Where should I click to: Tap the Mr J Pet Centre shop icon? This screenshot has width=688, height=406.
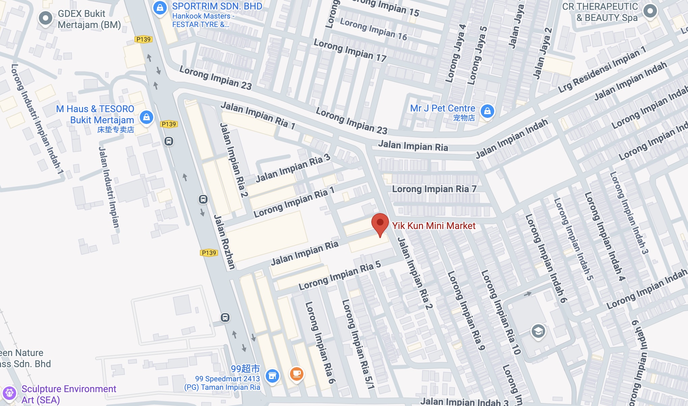coord(487,111)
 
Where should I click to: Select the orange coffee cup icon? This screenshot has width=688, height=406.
coord(296,374)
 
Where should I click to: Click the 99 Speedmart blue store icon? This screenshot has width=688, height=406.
coord(272,376)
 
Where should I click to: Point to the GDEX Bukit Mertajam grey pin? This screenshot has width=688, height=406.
coord(45,18)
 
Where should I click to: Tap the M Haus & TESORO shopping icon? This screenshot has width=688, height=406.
coord(146,117)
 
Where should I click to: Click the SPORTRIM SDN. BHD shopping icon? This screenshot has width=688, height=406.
coord(160,8)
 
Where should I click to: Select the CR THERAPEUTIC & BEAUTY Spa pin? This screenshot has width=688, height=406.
coord(650,11)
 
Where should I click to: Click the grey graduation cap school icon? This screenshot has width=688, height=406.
coord(538,331)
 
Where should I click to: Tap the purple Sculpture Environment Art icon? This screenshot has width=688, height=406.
coord(9,393)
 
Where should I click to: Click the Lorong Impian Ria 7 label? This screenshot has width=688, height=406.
coord(434,189)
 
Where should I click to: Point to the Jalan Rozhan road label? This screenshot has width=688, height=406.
coord(224,242)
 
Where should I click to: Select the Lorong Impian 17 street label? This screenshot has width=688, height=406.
coord(350,50)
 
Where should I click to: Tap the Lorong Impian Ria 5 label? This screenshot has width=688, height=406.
coord(340,276)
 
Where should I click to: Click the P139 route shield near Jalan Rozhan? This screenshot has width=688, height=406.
coord(209,253)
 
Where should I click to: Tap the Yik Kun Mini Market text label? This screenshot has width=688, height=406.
coord(434,226)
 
